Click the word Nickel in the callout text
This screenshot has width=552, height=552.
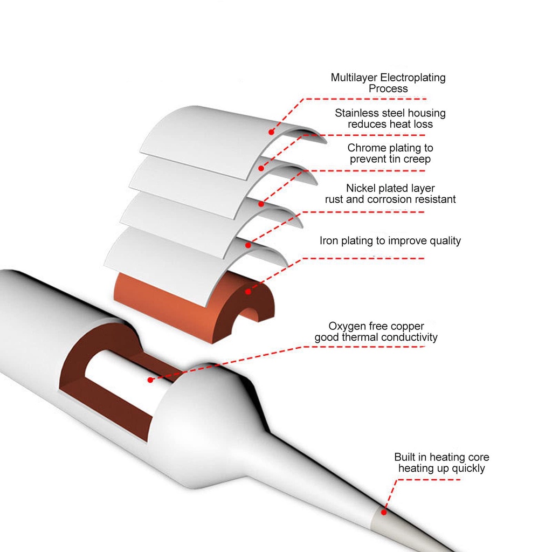(361, 188)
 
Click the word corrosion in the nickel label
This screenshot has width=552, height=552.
(388, 199)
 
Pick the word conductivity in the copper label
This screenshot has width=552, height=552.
(409, 337)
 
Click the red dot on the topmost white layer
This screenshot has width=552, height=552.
(271, 132)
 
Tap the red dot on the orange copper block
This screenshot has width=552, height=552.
(248, 292)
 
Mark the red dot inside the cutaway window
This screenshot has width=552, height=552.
(150, 380)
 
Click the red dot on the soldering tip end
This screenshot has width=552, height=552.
(384, 512)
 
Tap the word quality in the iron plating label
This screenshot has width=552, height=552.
(445, 240)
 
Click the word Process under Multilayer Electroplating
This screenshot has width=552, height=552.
(388, 89)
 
